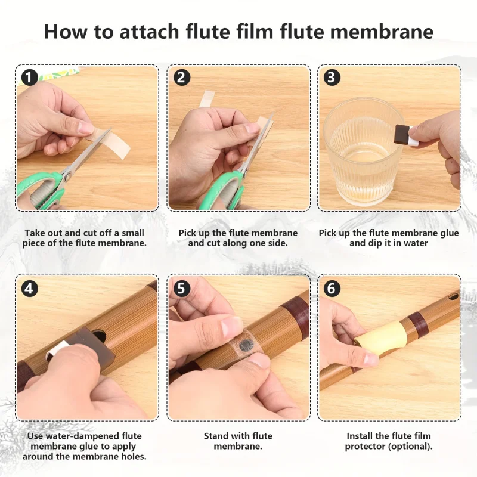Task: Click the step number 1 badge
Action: click(x=29, y=78)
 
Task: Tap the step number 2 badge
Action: click(x=182, y=78)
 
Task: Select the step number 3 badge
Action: click(x=332, y=78)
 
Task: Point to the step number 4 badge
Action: click(x=29, y=288)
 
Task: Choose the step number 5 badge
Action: click(x=181, y=288)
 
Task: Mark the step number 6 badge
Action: click(x=332, y=288)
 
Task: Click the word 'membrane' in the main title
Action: click(x=382, y=32)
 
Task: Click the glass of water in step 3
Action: click(x=363, y=152)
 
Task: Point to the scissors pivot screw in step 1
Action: click(x=68, y=175)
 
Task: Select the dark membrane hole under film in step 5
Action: click(x=246, y=345)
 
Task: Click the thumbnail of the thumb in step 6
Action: click(x=370, y=358)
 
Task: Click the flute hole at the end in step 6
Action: click(x=453, y=296)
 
